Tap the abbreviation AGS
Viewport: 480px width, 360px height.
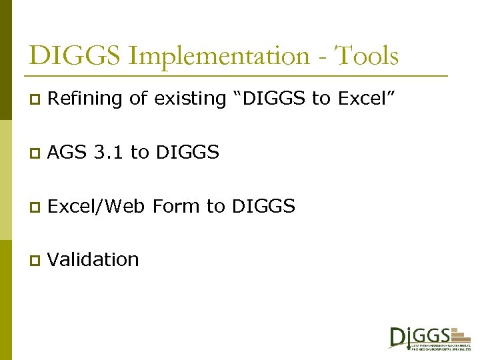pyautogui.click(x=68, y=153)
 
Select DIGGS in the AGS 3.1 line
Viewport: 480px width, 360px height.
pyautogui.click(x=187, y=153)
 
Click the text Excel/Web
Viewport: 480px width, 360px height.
pyautogui.click(x=97, y=206)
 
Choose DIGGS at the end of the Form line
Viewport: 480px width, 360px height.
pyautogui.click(x=263, y=206)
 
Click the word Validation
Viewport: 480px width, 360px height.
pyautogui.click(x=94, y=259)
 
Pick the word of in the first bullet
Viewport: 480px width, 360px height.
pyautogui.click(x=138, y=99)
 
